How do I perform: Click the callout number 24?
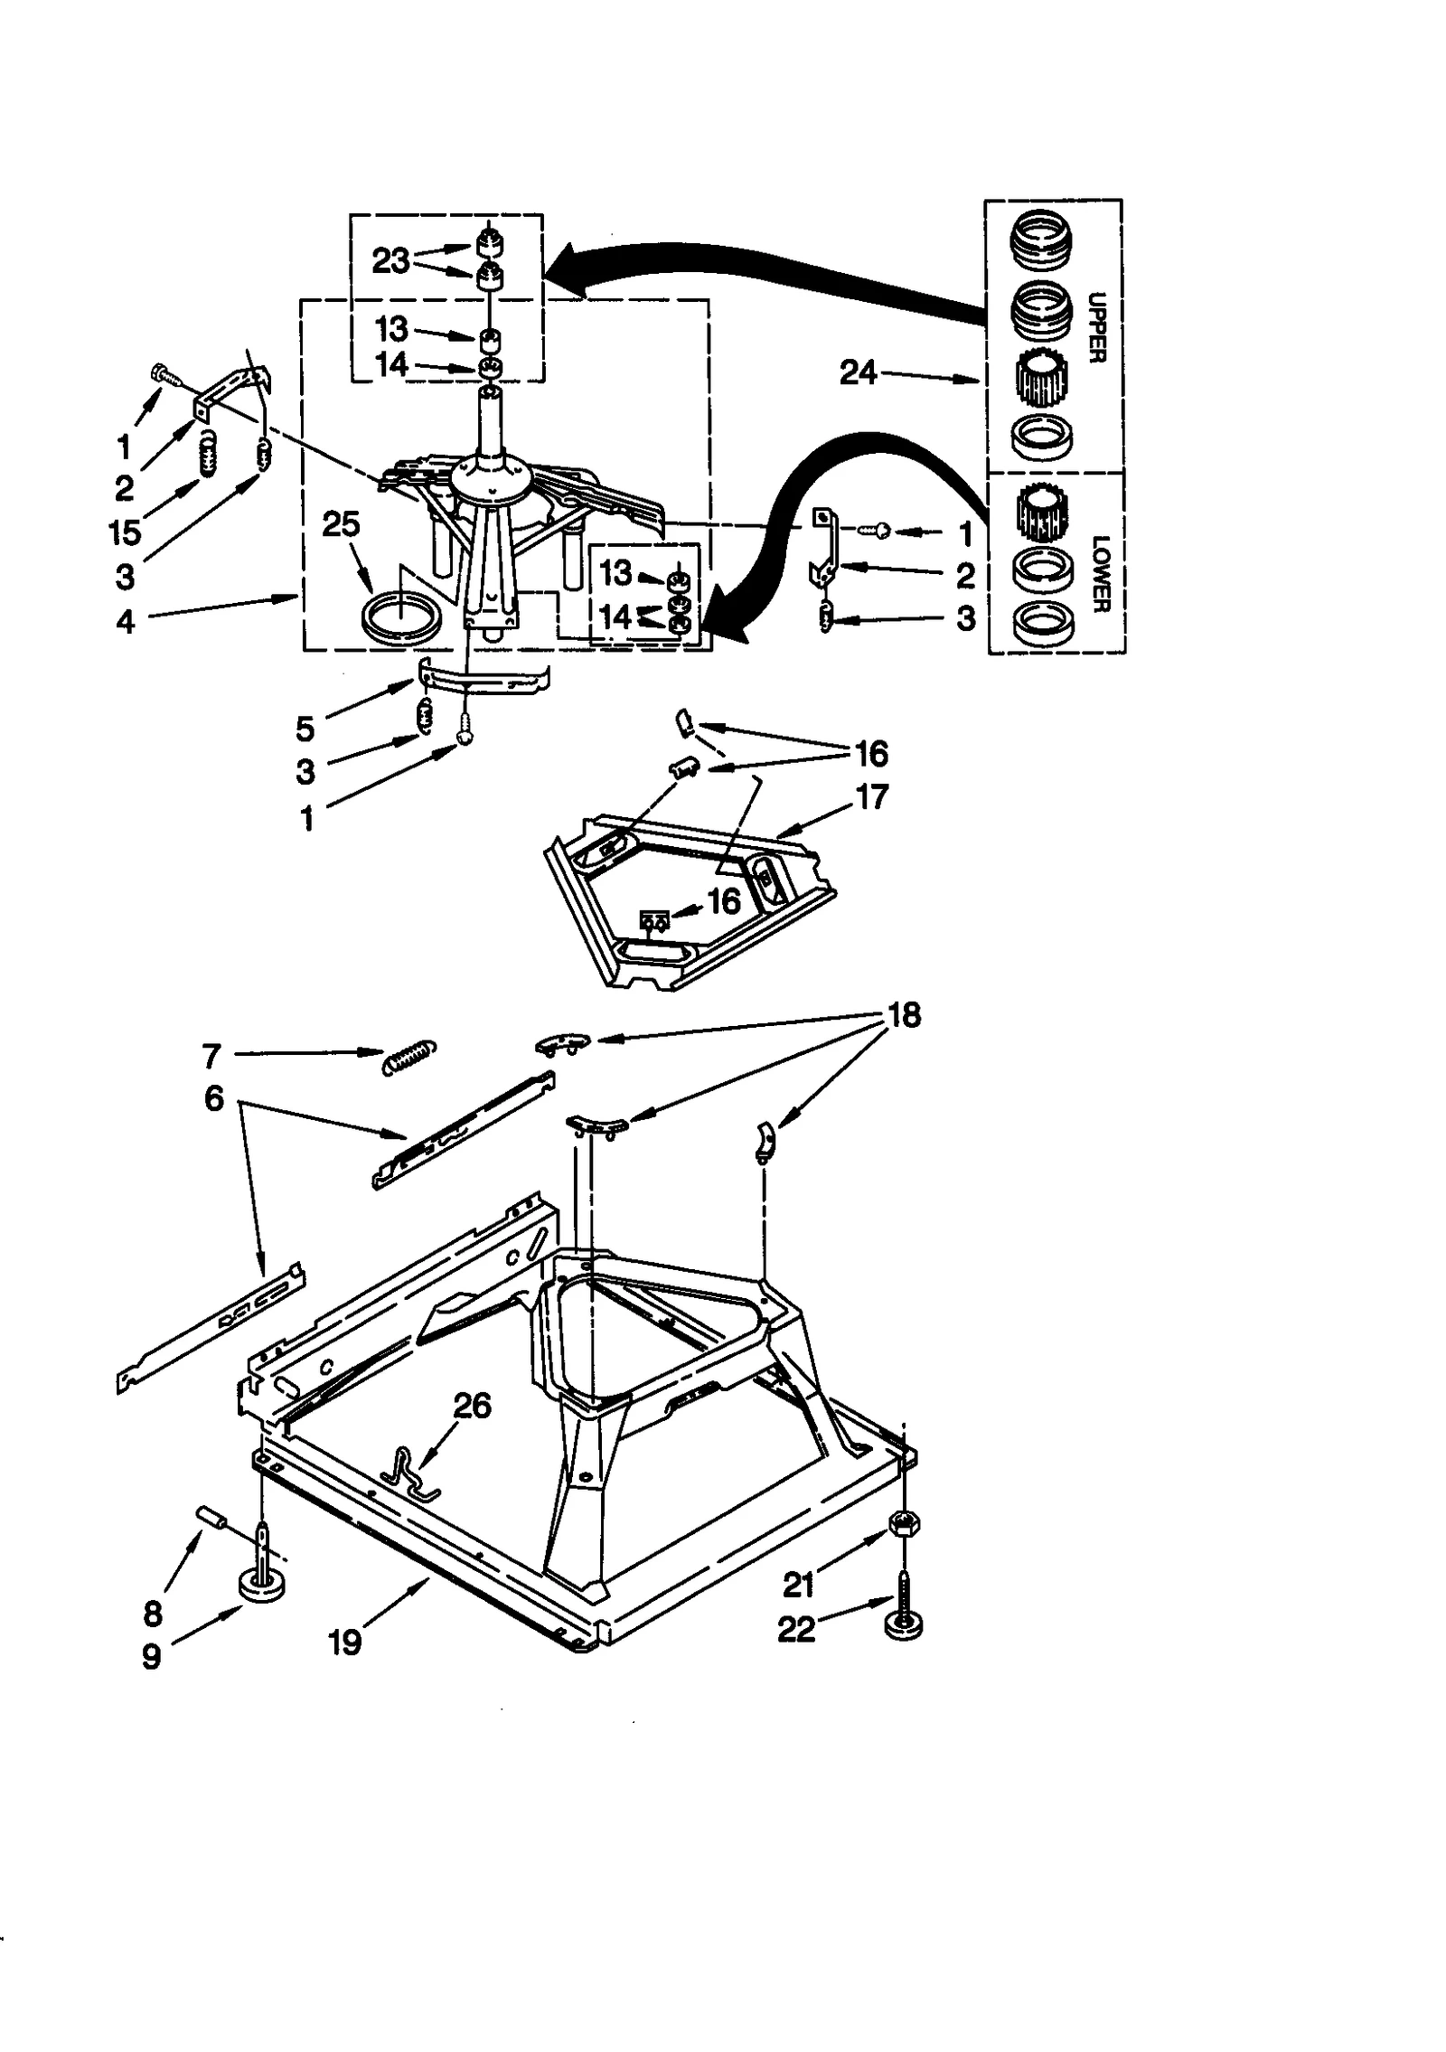click(x=858, y=372)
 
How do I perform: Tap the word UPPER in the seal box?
click(x=1096, y=327)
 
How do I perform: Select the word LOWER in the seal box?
click(x=1100, y=574)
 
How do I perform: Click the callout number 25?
click(x=341, y=524)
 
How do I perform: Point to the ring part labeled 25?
click(x=401, y=617)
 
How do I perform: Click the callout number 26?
click(x=471, y=1406)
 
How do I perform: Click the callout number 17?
click(x=871, y=797)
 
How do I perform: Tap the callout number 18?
click(x=904, y=1015)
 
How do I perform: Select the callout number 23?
click(x=390, y=261)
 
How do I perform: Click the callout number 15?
click(x=126, y=532)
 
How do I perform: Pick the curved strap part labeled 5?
click(x=484, y=678)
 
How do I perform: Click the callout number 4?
click(x=126, y=622)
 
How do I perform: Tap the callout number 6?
click(x=213, y=1098)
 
